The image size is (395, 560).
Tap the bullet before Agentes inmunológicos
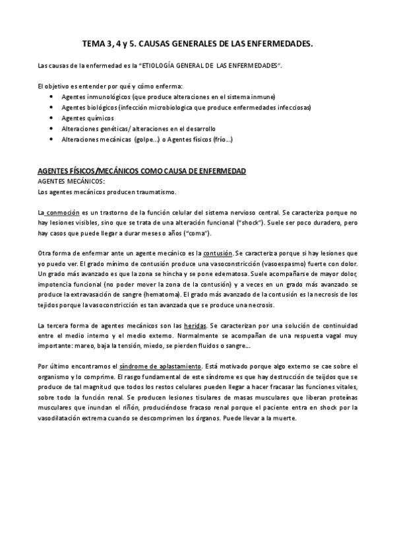(52, 96)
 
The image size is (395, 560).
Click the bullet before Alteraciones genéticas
(52, 128)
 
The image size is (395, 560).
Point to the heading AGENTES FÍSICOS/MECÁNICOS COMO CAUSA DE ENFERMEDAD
(142, 171)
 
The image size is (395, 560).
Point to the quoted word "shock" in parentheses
(251, 223)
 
